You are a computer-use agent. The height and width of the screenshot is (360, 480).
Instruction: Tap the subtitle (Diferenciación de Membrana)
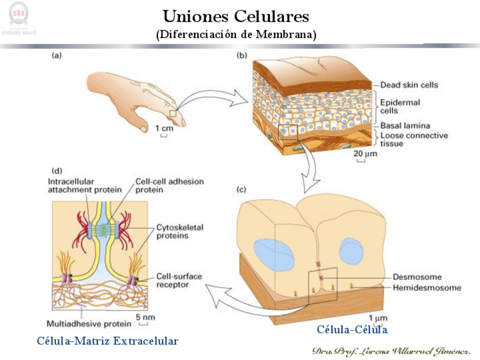point(236,34)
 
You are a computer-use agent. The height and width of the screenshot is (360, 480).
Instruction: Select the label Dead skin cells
point(409,85)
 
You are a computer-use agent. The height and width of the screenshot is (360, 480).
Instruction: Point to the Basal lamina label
point(405,125)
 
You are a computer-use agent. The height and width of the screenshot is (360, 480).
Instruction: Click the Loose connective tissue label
point(414,140)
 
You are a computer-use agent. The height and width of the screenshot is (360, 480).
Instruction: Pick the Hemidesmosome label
point(427,288)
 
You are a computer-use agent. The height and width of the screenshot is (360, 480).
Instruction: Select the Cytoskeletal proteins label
point(179,231)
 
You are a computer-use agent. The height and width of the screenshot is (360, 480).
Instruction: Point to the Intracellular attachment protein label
point(84,186)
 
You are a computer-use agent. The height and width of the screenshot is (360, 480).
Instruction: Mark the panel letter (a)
point(57,55)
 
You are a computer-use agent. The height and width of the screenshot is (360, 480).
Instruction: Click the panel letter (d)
point(57,170)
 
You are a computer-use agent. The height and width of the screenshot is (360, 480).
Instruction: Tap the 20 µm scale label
point(365,153)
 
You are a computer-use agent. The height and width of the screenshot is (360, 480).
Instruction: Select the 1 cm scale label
point(164,128)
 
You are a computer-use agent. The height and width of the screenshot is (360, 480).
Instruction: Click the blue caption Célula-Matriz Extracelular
point(108,341)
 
